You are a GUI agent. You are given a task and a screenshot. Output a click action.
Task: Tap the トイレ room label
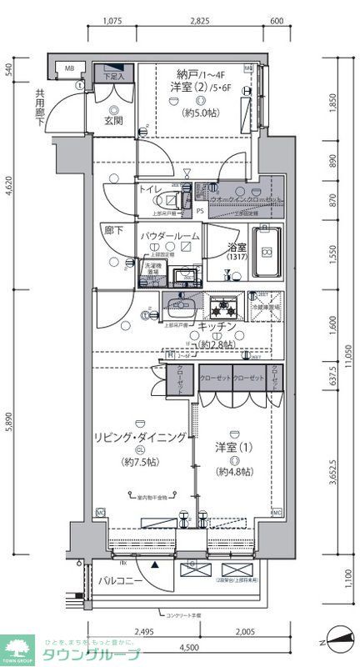pos(152,189)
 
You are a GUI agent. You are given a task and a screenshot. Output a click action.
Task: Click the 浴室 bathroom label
pos(237,247)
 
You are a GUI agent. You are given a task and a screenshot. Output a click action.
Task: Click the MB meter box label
pos(70,68)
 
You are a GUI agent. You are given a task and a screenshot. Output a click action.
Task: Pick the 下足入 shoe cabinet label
pos(113,77)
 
